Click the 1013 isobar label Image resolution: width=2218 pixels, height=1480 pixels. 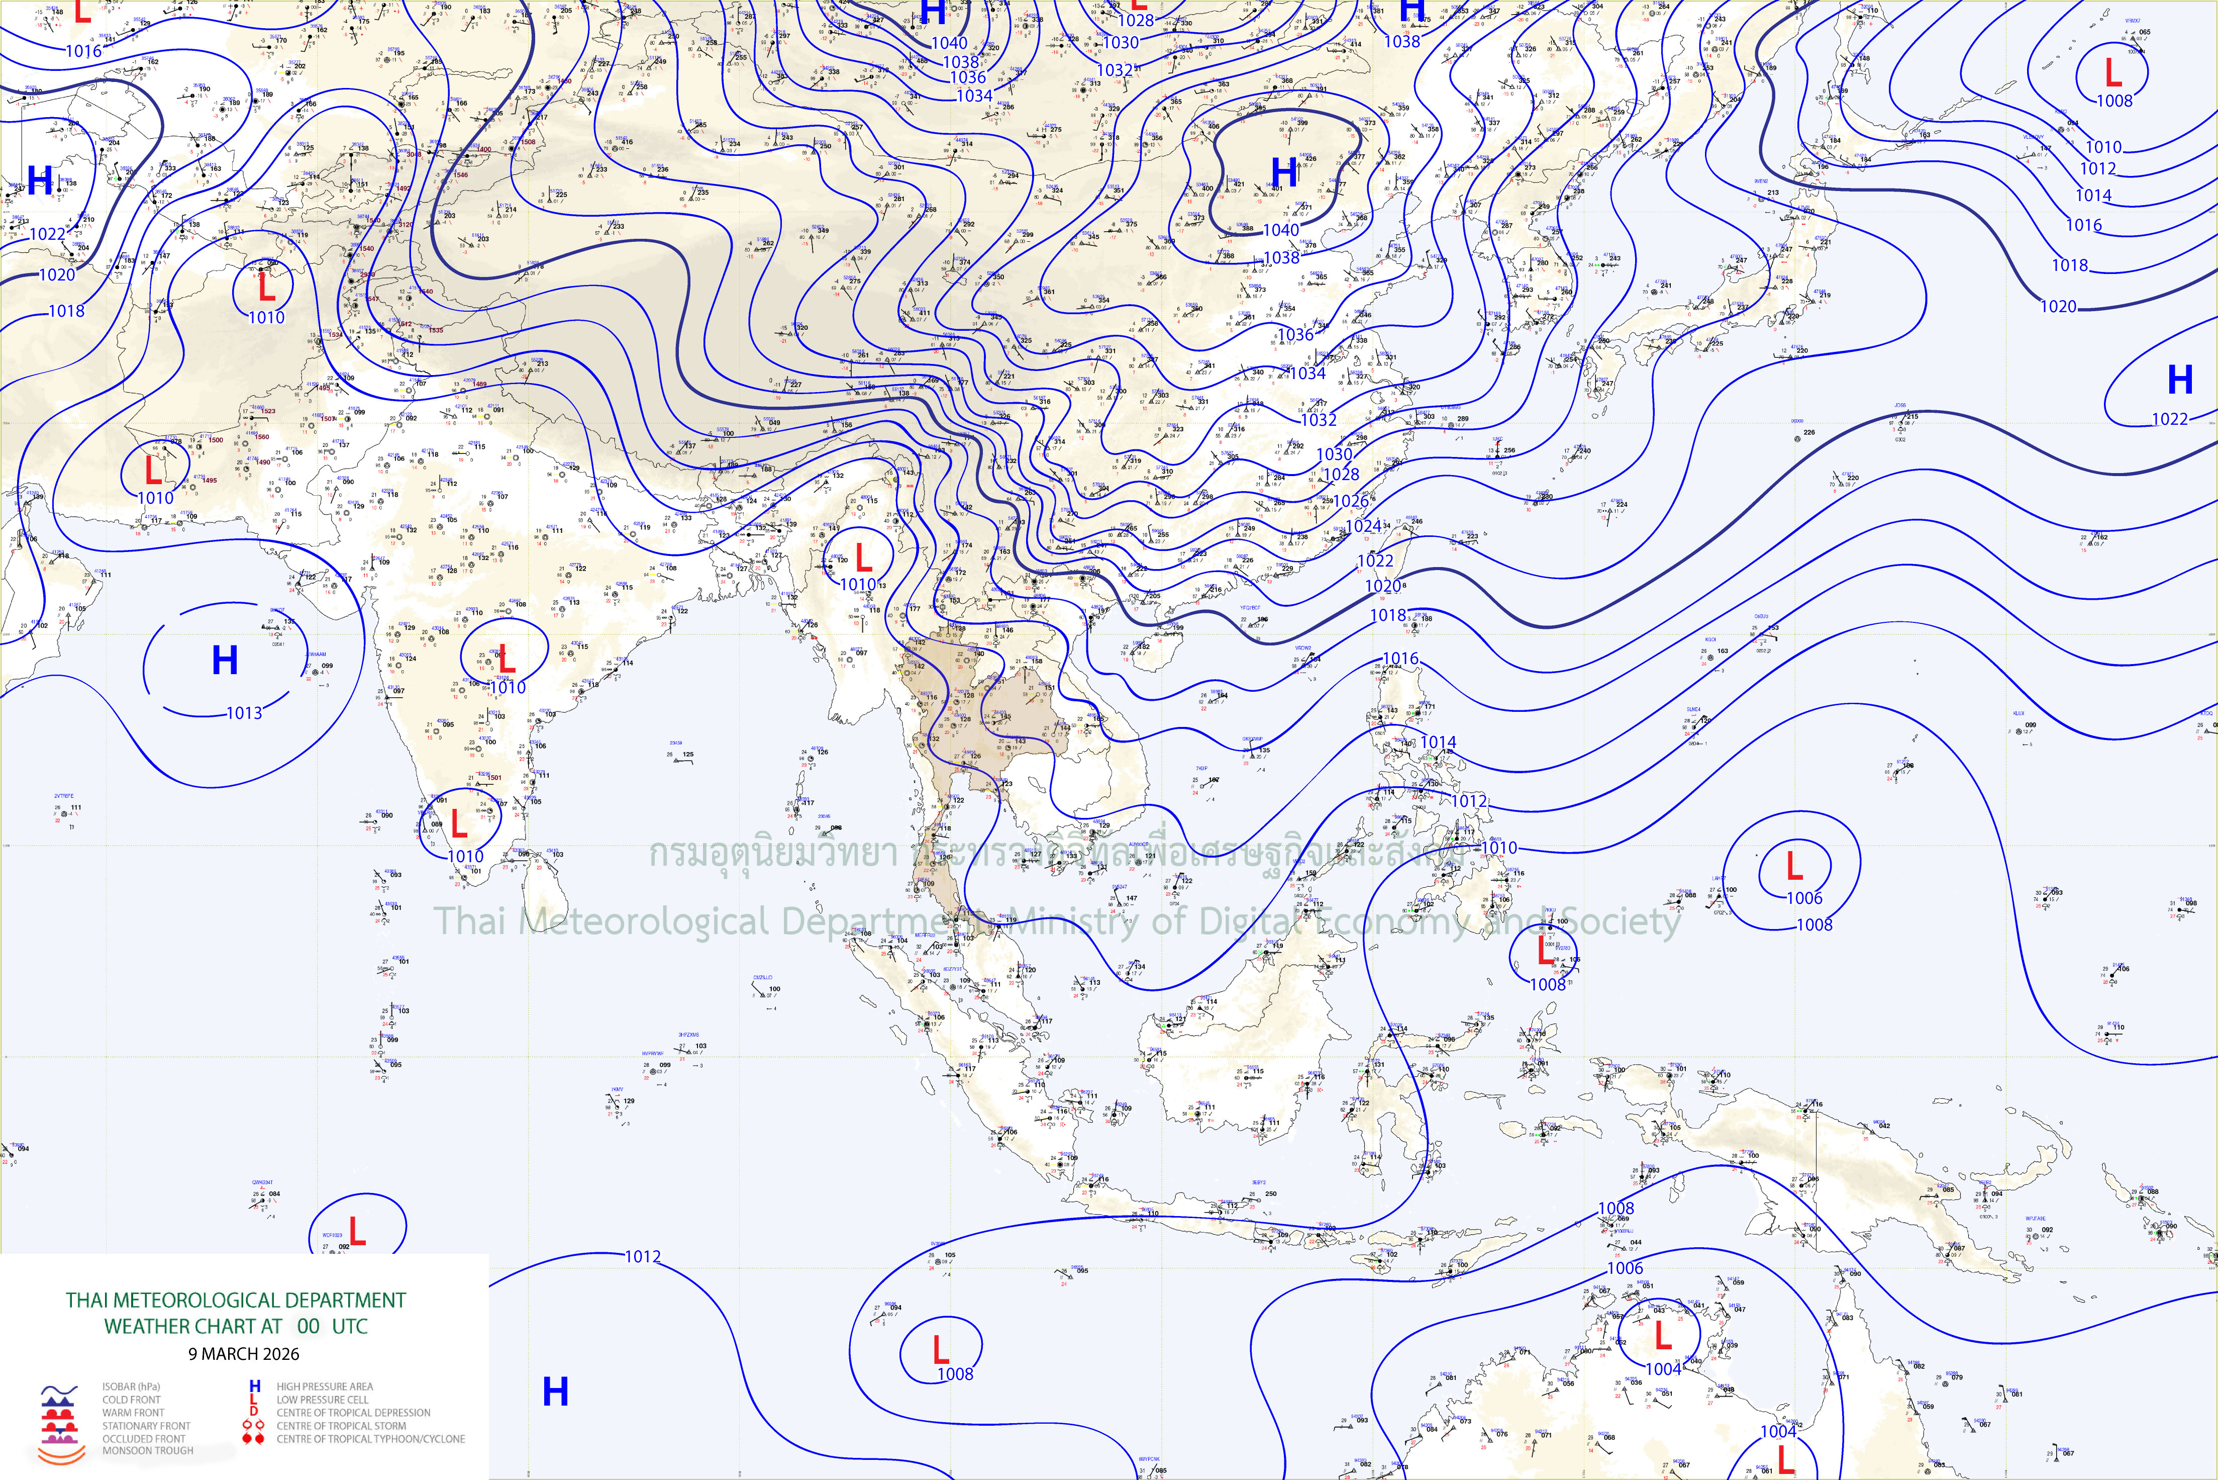point(244,713)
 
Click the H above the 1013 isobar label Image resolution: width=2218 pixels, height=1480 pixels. point(225,661)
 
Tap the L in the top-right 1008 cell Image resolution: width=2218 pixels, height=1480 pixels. point(2113,73)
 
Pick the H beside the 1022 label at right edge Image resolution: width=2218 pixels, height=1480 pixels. point(2179,381)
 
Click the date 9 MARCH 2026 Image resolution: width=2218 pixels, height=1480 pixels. point(243,1353)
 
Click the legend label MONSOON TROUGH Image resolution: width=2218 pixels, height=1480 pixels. point(148,1451)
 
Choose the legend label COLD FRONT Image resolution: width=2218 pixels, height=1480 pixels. point(131,1400)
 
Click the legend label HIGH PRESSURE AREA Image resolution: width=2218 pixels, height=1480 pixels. point(325,1386)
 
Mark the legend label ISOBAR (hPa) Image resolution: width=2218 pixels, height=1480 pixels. point(131,1386)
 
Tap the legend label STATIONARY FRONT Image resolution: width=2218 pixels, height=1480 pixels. point(146,1426)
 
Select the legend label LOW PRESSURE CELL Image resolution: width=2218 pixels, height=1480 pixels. point(323,1400)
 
